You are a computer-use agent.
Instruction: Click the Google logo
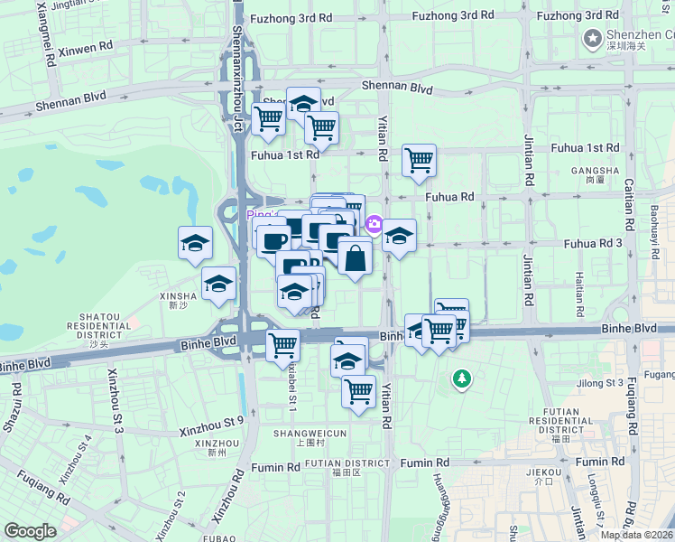30,531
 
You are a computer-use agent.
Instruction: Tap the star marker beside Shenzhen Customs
592,37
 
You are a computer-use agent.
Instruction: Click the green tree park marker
462,378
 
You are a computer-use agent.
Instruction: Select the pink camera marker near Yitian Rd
374,223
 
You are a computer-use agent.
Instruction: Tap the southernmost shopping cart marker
358,392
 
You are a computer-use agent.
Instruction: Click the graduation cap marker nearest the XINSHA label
218,284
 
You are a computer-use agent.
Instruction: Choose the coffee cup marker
273,241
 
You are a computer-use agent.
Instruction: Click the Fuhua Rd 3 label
593,243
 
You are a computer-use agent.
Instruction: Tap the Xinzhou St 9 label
211,420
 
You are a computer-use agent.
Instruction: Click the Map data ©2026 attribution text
636,535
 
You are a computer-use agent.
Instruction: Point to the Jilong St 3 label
599,383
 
